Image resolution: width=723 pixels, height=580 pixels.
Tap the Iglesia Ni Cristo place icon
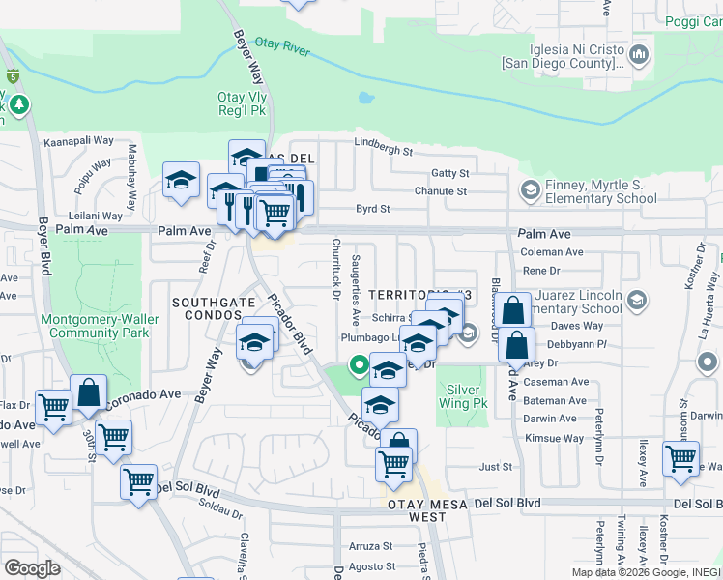click(639, 57)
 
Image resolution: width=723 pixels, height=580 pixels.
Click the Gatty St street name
click(450, 174)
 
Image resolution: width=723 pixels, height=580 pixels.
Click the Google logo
click(32, 568)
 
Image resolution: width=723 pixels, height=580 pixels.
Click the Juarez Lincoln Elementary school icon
click(637, 303)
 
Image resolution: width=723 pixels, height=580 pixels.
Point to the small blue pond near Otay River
click(364, 98)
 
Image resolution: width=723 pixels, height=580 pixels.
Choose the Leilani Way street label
click(97, 216)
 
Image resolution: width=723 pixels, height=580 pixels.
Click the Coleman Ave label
click(552, 252)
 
